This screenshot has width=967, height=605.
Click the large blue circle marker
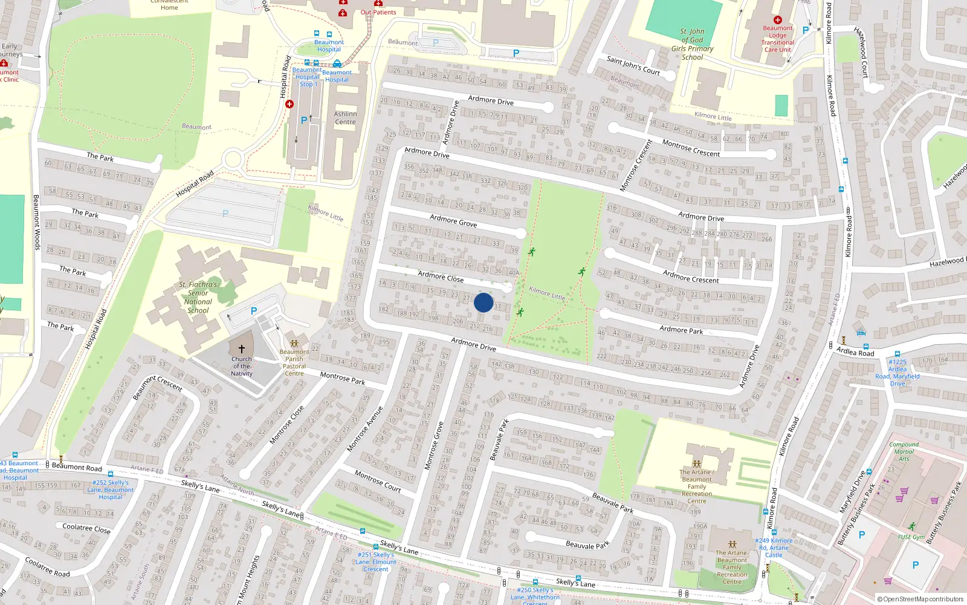483,302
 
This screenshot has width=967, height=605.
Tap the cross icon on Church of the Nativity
242,349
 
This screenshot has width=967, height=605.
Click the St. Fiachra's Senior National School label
198,297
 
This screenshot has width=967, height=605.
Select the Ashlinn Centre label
345,118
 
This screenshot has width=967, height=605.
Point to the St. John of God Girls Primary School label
692,44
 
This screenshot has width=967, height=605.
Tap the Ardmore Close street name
441,276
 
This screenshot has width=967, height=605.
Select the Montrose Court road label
378,480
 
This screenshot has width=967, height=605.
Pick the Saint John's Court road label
633,65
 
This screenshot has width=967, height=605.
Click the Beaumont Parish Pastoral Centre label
294,362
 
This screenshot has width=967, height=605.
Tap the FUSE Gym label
911,537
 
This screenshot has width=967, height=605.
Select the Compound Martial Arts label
904,451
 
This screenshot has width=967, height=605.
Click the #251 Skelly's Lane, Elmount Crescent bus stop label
376,561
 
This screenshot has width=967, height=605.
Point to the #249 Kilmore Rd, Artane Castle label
774,548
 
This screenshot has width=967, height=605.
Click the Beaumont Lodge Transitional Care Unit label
778,39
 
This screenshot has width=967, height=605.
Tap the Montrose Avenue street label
365,429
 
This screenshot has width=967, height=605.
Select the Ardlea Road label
855,352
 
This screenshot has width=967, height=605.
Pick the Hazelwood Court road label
861,52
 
